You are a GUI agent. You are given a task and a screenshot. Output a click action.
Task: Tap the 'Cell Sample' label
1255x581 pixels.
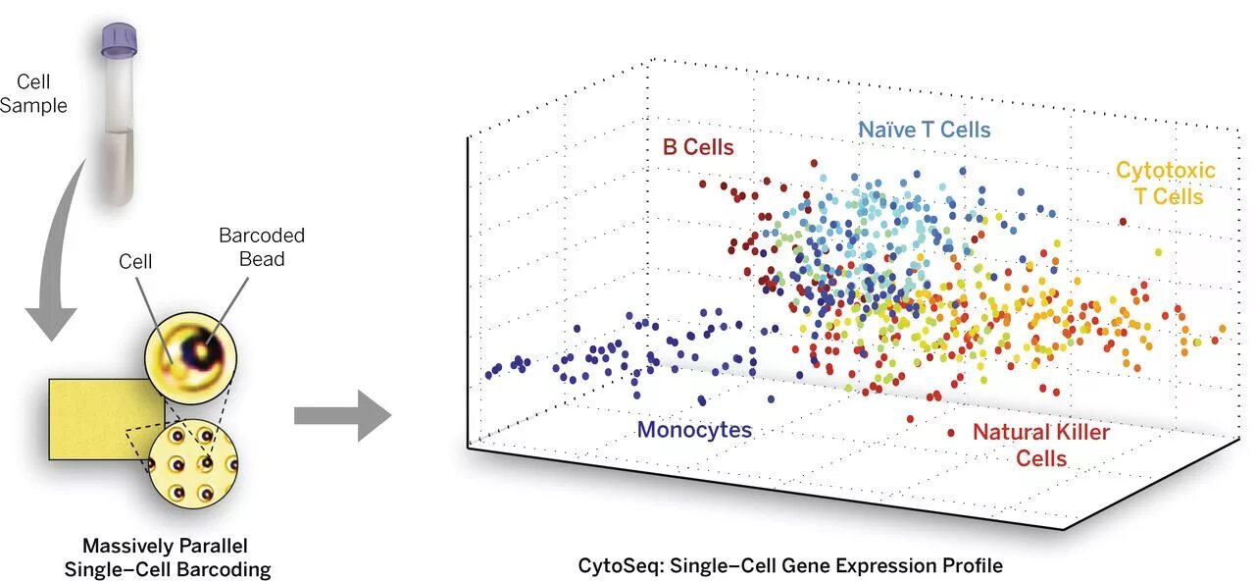[33, 94]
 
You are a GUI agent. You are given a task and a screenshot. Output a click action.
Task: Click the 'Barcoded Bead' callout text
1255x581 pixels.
[262, 246]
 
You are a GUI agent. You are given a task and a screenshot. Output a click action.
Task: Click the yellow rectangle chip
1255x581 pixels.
[98, 417]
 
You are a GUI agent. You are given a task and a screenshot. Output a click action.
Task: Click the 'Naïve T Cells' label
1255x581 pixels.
[924, 130]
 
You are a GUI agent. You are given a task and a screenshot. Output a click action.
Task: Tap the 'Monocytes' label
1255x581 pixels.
[694, 430]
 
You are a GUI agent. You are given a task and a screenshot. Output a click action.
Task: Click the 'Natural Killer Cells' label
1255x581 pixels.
[1040, 445]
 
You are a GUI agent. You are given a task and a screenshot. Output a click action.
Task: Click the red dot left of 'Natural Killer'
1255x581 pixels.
[950, 432]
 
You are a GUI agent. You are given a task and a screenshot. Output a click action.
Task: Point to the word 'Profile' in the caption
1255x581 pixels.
[971, 565]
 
